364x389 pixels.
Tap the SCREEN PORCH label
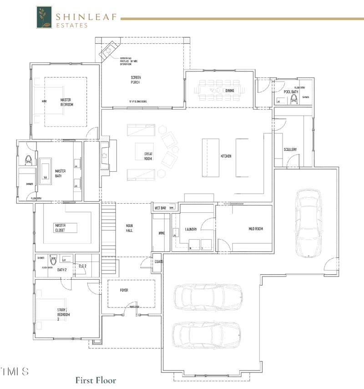(x=136, y=80)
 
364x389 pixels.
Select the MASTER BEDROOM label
(x=66, y=102)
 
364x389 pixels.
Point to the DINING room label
(x=230, y=91)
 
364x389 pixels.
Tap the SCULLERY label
(x=290, y=149)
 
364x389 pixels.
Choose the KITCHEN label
(x=226, y=156)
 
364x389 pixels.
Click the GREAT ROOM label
(x=148, y=156)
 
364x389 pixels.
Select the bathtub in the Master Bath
(x=45, y=171)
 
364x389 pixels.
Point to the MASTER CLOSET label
(x=61, y=227)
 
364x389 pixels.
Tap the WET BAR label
(x=160, y=208)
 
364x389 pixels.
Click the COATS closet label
(x=159, y=262)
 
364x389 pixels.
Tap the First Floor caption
(x=96, y=380)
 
